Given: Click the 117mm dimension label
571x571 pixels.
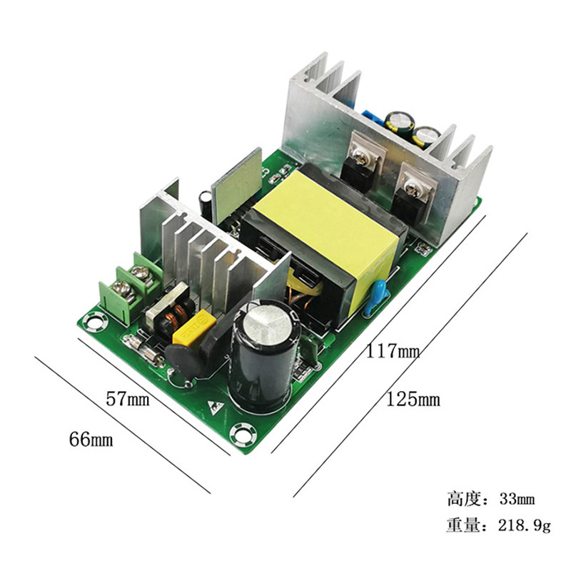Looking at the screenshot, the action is tap(393, 351).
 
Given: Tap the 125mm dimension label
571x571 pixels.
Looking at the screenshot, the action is tap(413, 400).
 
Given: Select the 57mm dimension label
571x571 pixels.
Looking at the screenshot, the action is tap(128, 399).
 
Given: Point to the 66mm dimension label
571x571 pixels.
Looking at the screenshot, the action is tap(91, 439).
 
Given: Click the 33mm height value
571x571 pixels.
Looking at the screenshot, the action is tap(517, 498).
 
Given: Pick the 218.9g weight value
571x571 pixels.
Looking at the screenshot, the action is tap(525, 525).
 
